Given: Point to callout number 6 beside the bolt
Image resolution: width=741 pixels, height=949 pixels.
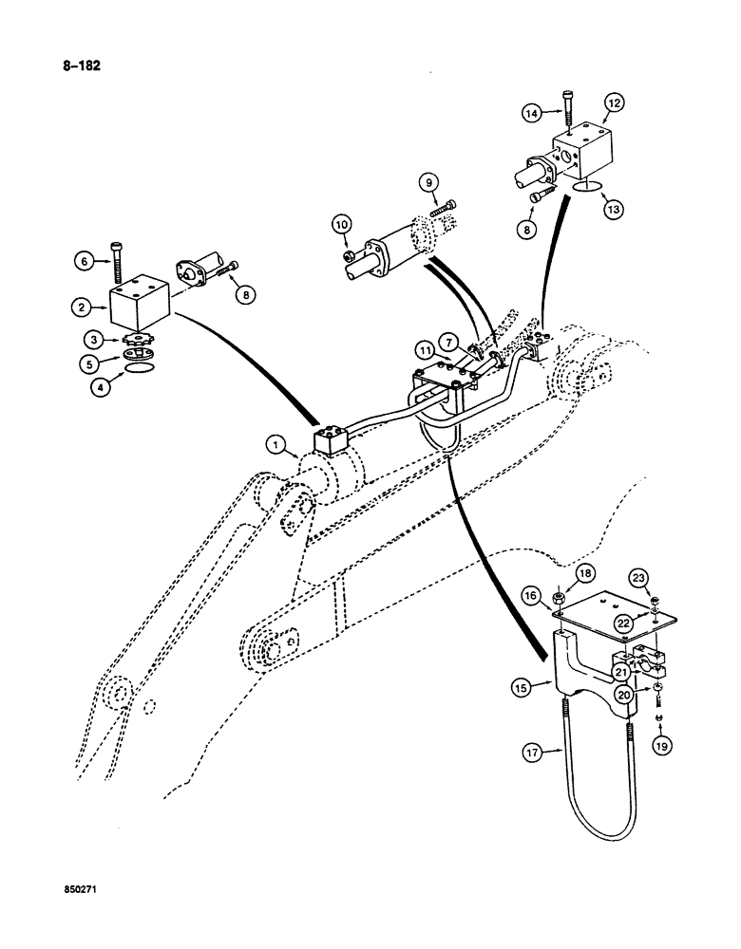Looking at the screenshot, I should click(83, 258).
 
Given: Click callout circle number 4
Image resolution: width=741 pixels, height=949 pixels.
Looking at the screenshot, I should click(93, 386).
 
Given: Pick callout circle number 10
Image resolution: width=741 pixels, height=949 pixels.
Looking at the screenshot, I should click(341, 225).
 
